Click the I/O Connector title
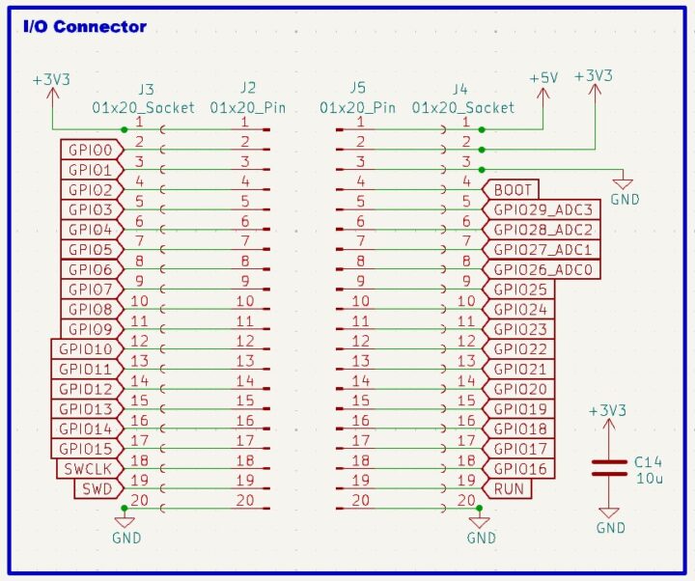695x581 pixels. pos(85,26)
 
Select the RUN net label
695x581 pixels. pos(510,488)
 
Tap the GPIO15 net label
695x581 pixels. pos(86,449)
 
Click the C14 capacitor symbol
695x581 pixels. pos(608,467)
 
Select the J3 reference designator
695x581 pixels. pos(146,89)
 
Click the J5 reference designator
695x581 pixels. pos(358,89)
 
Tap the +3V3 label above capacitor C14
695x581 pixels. pos(608,411)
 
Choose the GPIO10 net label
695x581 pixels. pos(86,349)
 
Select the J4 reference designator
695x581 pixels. pos(459,89)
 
